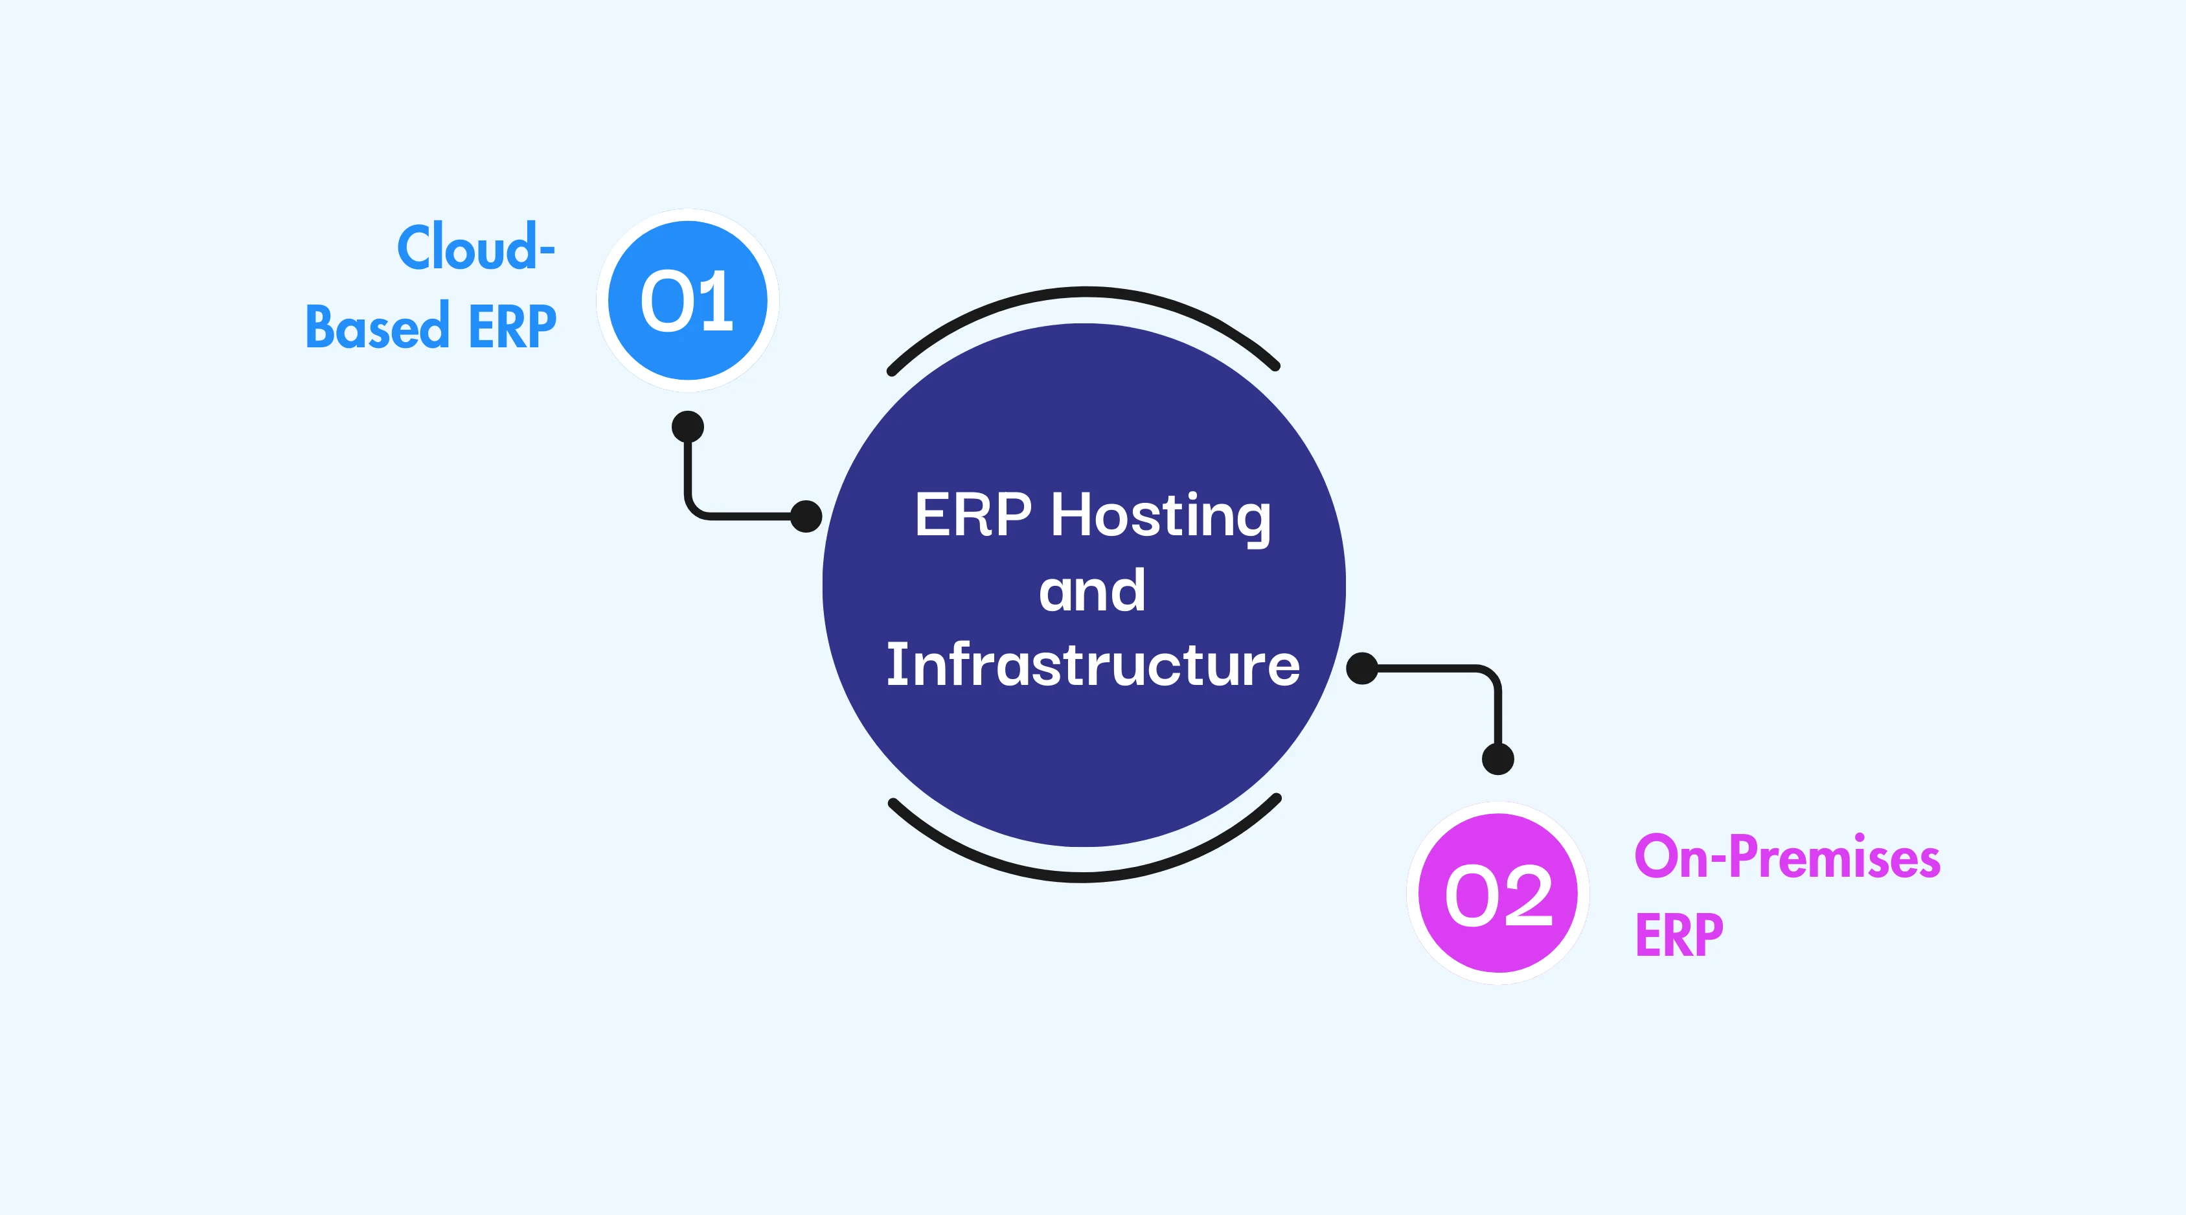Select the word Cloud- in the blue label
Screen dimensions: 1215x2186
pyautogui.click(x=475, y=248)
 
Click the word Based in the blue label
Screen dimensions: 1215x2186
pyautogui.click(x=377, y=327)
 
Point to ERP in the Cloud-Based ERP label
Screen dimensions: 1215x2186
pyautogui.click(x=512, y=327)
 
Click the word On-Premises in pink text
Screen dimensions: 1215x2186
pyautogui.click(x=1786, y=857)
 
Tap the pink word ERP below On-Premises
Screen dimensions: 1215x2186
pyautogui.click(x=1679, y=935)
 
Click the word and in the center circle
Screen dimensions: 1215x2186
pyautogui.click(x=1092, y=591)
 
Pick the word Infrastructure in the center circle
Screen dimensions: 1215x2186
pyautogui.click(x=1092, y=665)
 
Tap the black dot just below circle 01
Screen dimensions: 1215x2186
pyautogui.click(x=687, y=427)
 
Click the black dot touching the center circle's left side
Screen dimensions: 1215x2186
pyautogui.click(x=805, y=515)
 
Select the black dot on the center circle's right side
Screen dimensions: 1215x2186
pyautogui.click(x=1362, y=668)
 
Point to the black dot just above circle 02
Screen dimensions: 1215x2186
pyautogui.click(x=1497, y=758)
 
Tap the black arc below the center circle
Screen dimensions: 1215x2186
pyautogui.click(x=1084, y=877)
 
